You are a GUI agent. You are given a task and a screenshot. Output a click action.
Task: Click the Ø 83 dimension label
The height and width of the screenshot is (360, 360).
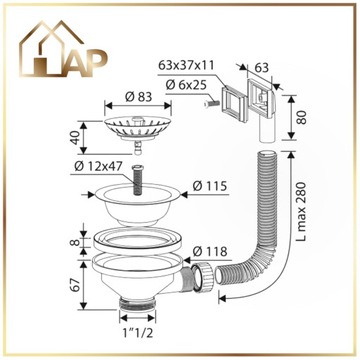point(138,97)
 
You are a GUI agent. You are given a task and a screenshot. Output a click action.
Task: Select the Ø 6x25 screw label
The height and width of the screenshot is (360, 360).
point(186,85)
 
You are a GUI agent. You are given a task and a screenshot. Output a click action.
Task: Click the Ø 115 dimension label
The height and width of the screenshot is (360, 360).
point(210,186)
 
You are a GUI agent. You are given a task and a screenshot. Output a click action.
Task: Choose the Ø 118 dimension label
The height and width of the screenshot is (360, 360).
point(210,251)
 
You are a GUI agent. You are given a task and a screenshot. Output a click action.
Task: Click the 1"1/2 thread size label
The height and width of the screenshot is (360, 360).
point(137,333)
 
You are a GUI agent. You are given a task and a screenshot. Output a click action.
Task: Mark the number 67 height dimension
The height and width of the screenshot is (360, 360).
point(76,284)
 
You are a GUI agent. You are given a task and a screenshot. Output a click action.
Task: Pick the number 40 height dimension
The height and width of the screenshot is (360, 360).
point(76,138)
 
